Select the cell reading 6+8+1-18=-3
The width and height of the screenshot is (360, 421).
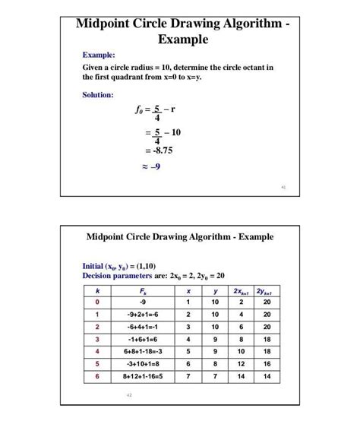(x=144, y=352)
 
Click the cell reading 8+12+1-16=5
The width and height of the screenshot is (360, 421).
(x=144, y=376)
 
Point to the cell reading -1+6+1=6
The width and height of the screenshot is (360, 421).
(x=144, y=340)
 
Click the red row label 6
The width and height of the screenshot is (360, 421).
(x=97, y=376)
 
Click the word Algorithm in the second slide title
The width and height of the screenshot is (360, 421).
(x=198, y=237)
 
